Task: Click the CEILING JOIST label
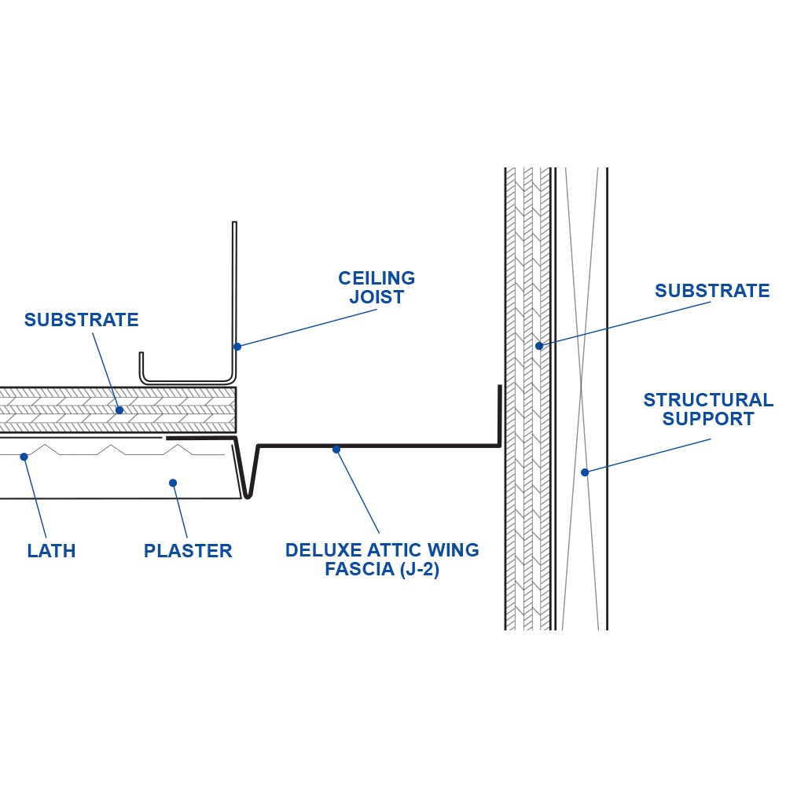pos(376,288)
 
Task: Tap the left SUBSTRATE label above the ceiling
pos(81,320)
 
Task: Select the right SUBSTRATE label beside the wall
pos(712,291)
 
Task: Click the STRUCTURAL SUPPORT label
pos(708,410)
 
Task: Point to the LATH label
pos(51,551)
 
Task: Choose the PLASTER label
pos(188,551)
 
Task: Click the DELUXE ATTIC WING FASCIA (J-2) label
pos(382,560)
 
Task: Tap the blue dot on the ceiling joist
pos(237,346)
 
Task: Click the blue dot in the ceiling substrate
pos(119,410)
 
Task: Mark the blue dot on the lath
pos(24,456)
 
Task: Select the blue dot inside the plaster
pos(173,483)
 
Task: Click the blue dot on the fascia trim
pos(336,449)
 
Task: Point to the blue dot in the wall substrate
pos(539,346)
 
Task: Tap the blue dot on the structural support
pos(584,472)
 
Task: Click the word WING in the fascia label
pos(455,550)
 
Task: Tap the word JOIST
pos(376,298)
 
